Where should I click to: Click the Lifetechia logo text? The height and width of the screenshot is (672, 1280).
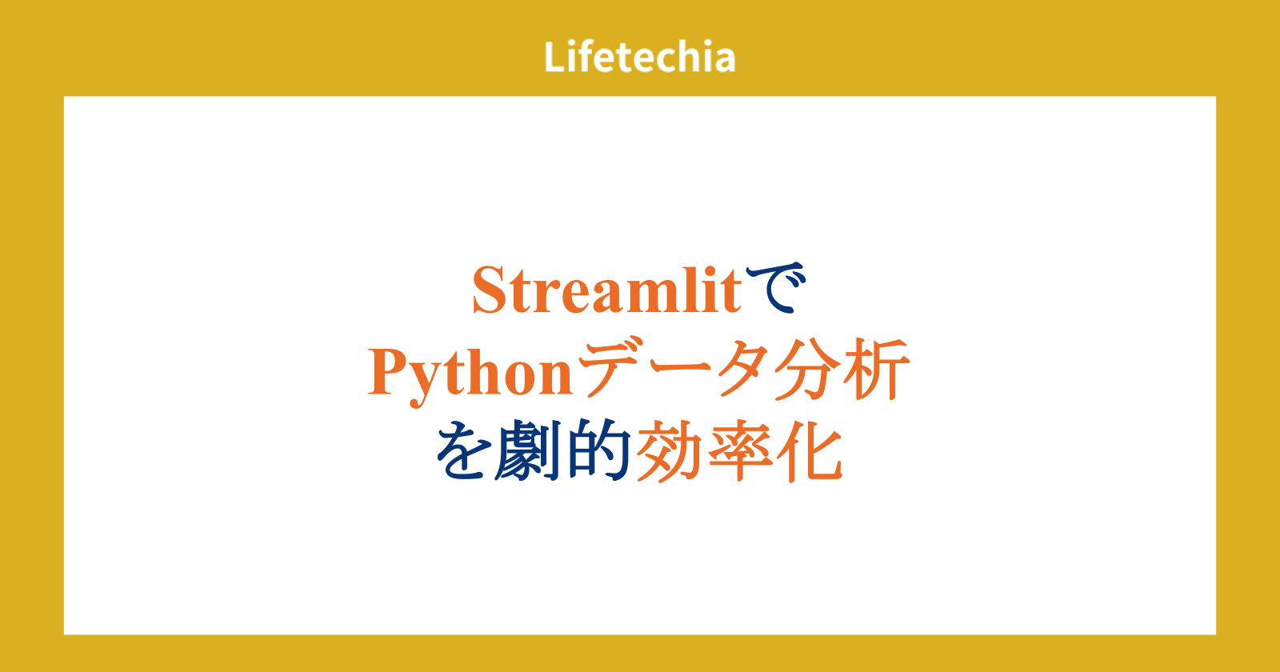639,57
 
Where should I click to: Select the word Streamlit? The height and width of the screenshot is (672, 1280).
607,290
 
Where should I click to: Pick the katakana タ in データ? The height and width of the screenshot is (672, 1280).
740,369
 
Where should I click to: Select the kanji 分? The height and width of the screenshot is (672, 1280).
806,369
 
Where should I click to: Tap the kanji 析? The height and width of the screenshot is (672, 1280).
875,369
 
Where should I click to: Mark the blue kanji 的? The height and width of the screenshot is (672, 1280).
599,450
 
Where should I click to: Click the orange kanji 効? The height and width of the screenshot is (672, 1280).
669,451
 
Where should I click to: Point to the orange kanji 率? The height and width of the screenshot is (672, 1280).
741,451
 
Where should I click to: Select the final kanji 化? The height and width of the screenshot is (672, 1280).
810,451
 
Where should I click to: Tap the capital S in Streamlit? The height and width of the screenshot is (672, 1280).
490,290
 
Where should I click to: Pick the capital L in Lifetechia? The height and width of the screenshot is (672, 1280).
555,57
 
